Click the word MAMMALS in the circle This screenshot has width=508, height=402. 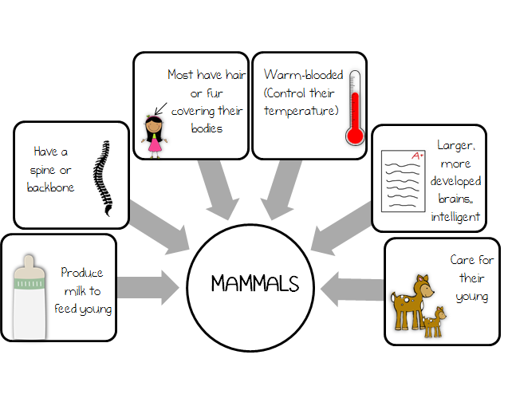[x=255, y=283]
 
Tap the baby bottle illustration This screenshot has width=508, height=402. [x=30, y=297]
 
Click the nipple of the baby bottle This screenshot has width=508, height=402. [x=29, y=262]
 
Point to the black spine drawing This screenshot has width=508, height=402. [x=103, y=178]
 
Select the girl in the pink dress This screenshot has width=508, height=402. [x=154, y=136]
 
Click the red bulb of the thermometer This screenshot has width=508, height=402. [x=355, y=136]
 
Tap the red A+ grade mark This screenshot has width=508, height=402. [x=418, y=156]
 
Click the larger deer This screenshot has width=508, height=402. [x=412, y=302]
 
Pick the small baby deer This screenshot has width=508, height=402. [x=435, y=322]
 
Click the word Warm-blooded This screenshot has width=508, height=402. [x=303, y=75]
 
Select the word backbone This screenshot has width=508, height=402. [x=50, y=187]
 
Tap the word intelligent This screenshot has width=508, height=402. [x=455, y=217]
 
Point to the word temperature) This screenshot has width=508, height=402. [x=301, y=111]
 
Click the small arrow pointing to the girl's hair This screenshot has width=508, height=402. [x=160, y=108]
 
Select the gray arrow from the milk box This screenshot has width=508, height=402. [x=148, y=288]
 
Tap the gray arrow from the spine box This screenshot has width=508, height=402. [x=159, y=227]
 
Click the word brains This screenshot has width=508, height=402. [x=455, y=199]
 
